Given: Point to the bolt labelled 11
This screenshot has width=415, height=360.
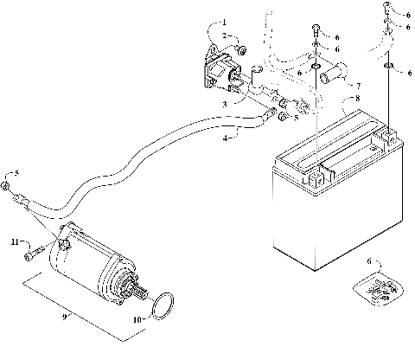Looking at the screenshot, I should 34,253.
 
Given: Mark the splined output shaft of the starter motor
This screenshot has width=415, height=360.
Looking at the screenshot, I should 138,297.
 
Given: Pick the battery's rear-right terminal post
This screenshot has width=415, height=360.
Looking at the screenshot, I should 390,137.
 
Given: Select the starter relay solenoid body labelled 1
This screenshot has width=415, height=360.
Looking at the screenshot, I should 223,70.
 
